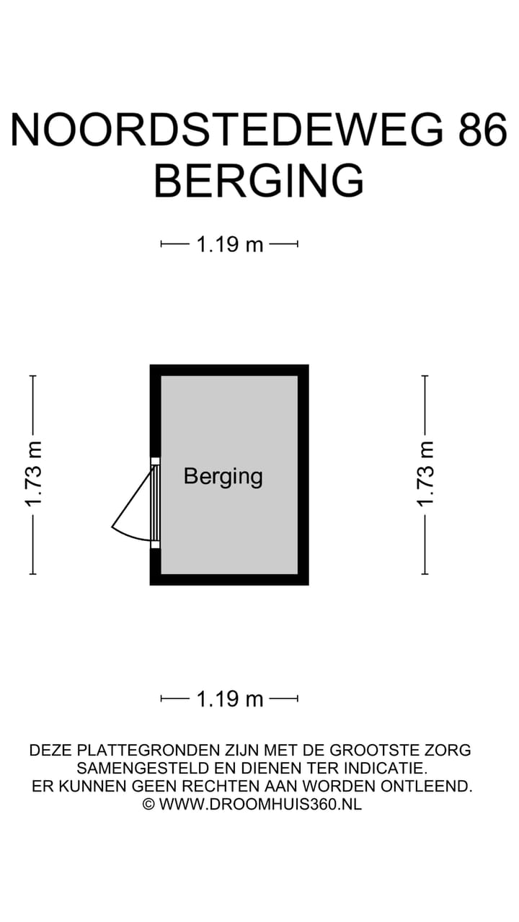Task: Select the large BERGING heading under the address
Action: point(259,180)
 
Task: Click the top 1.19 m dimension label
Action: point(230,244)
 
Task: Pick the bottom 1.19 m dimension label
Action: point(230,698)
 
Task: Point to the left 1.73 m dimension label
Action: point(33,474)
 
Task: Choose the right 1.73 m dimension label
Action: point(425,474)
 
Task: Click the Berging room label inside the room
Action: point(223,476)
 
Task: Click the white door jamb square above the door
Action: point(155,461)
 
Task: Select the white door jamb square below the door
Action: point(155,545)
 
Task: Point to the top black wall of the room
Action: point(229,370)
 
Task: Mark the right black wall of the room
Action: point(303,474)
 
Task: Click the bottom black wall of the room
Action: point(229,580)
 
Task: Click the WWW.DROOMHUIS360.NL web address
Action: point(260,804)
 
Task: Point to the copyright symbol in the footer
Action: point(148,804)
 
